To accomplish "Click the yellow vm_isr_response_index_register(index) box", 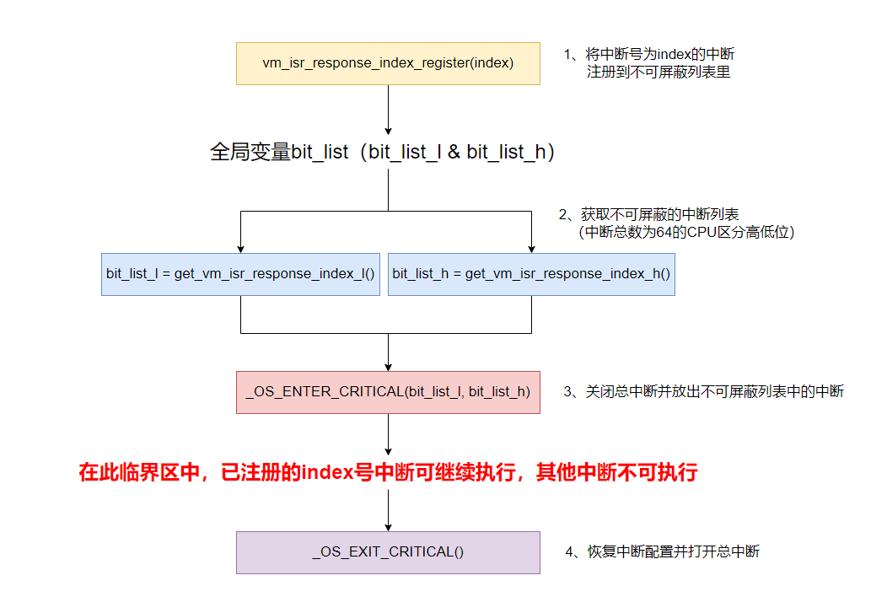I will click(388, 63).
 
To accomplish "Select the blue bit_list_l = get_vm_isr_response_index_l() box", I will click(240, 274).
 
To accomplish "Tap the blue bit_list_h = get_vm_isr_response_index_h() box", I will click(531, 274).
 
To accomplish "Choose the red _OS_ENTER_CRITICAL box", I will click(388, 391).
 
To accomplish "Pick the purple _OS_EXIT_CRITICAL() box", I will click(388, 552).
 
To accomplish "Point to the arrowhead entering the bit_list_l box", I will click(240, 248).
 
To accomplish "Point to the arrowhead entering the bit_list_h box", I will click(531, 248).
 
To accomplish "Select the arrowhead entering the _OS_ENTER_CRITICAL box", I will click(388, 366).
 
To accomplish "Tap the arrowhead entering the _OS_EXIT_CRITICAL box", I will click(388, 526).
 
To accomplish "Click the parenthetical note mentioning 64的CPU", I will click(686, 232).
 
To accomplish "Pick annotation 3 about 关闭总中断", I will click(703, 391).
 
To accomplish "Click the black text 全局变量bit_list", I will click(279, 153).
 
